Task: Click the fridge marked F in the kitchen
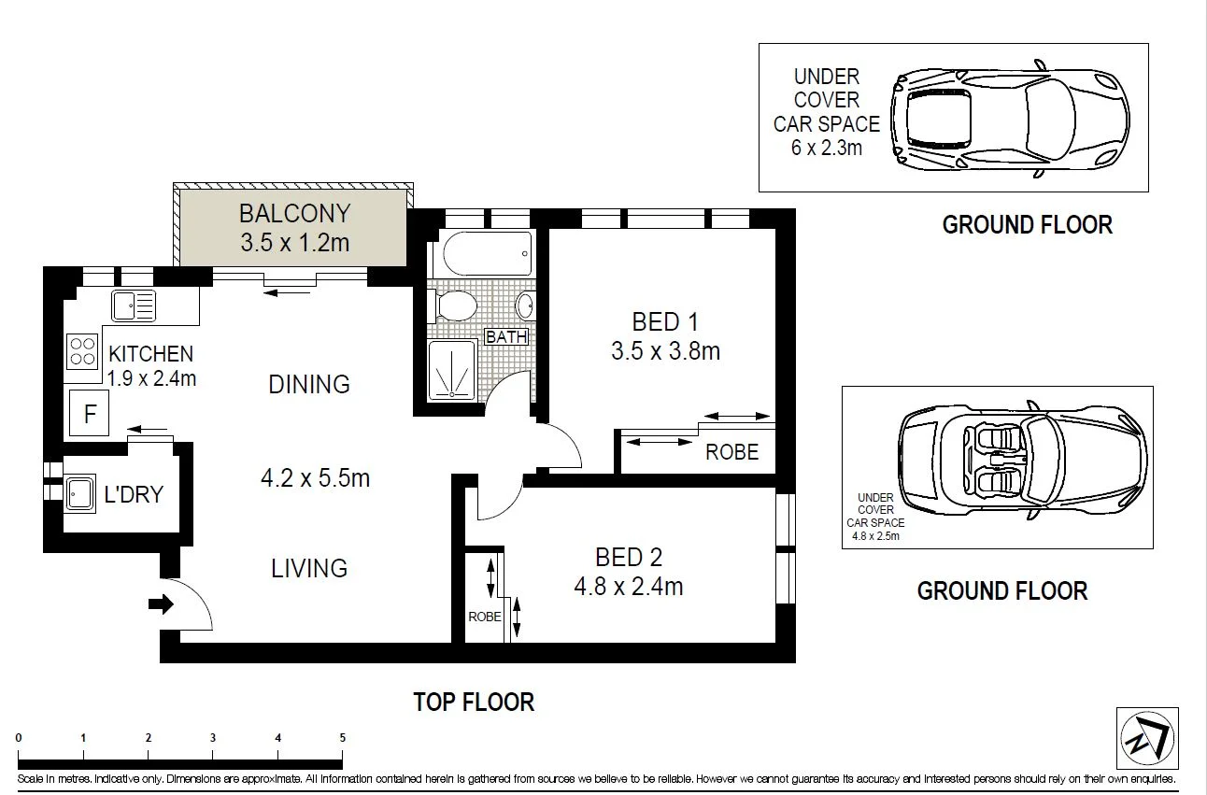click(90, 413)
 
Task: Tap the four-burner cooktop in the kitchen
click(82, 351)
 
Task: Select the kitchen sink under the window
click(134, 305)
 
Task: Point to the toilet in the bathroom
click(452, 306)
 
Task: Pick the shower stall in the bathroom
click(452, 370)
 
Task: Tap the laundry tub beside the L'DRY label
click(79, 493)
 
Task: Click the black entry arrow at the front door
click(161, 604)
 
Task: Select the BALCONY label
click(295, 213)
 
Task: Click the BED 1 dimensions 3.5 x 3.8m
click(665, 351)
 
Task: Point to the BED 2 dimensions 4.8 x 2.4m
click(629, 587)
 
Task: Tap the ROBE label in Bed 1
click(731, 451)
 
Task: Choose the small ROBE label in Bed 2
click(485, 617)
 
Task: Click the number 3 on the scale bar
click(213, 738)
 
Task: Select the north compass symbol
click(1147, 738)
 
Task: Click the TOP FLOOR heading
click(474, 703)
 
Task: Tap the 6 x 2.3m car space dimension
click(827, 148)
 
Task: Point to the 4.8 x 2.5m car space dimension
click(875, 535)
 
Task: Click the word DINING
click(309, 384)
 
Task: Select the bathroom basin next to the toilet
click(524, 306)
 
